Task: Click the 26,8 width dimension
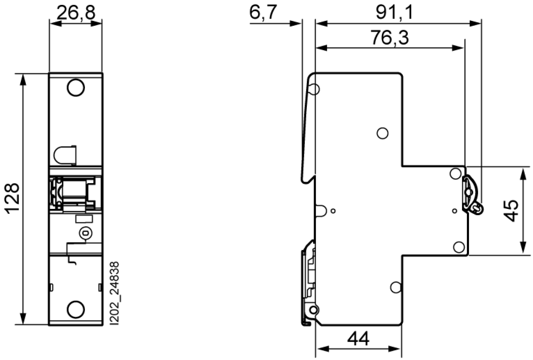tap(76, 12)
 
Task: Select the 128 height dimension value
tap(12, 198)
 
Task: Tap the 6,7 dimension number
tap(263, 12)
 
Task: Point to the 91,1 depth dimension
tap(395, 12)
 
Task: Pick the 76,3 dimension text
tap(390, 37)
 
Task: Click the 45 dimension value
tap(511, 211)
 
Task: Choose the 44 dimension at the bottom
tap(358, 339)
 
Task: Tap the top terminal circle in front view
tap(76, 88)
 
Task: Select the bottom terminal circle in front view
tap(76, 309)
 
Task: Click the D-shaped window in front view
tap(65, 155)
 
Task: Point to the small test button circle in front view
tap(86, 233)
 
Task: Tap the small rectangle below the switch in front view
tap(84, 219)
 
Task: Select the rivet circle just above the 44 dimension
tap(396, 288)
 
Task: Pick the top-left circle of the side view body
tap(314, 89)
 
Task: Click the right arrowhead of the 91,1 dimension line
tap(475, 24)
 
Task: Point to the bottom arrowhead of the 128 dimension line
tap(23, 319)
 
